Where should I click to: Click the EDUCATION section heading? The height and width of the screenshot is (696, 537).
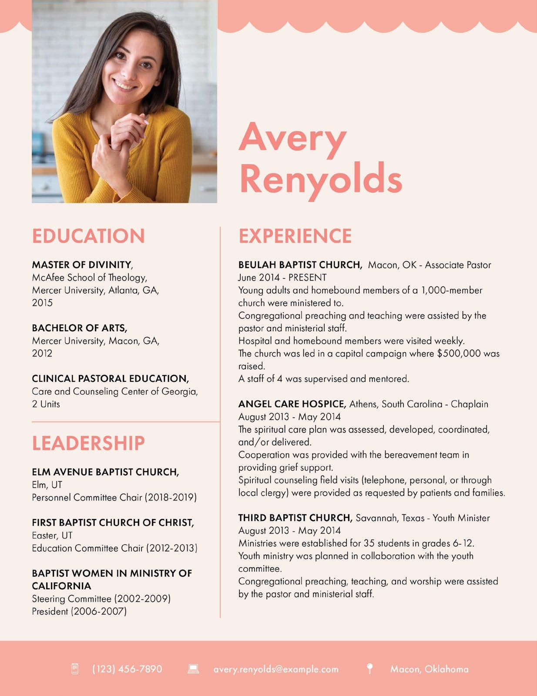pos(88,236)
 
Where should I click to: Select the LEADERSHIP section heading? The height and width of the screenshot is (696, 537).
pos(88,443)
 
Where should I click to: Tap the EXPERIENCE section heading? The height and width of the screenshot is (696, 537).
pos(295,236)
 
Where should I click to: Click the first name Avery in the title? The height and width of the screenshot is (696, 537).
pos(292,137)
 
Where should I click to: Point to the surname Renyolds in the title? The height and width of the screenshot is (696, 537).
pos(321,178)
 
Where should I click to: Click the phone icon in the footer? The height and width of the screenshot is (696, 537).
pos(75,669)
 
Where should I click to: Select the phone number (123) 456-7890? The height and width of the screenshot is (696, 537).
pos(127,669)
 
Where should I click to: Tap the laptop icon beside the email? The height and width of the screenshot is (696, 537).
pos(193,669)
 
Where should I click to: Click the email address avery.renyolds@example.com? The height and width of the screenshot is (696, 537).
pos(276,669)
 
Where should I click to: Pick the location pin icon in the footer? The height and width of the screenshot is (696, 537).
pos(369,669)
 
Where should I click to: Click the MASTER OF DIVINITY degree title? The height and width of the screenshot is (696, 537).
pos(82,265)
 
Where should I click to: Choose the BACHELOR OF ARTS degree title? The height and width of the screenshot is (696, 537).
pos(80,328)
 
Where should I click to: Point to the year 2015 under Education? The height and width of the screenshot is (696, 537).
pos(42,303)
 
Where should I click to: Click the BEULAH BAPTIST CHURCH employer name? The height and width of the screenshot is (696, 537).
pos(300,265)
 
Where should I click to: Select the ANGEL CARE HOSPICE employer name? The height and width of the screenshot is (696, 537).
pos(292,404)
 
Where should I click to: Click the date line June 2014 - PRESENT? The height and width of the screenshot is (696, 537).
pos(282,278)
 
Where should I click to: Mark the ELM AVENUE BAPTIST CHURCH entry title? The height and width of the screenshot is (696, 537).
pos(105,472)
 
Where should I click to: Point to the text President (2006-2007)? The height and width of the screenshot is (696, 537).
pos(79,611)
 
